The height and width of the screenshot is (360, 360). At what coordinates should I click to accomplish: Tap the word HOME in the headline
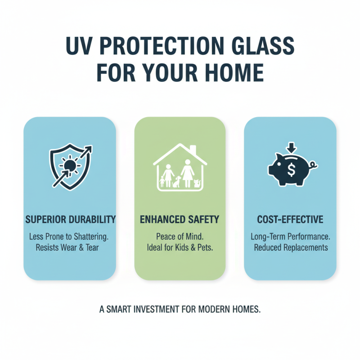point(234,72)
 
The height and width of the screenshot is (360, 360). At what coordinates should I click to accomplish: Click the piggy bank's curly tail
point(314,166)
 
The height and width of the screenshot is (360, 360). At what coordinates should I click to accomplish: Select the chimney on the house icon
point(192,150)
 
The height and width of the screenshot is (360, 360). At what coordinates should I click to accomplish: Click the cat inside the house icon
point(196,183)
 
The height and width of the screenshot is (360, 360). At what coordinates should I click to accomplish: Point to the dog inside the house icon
point(177,181)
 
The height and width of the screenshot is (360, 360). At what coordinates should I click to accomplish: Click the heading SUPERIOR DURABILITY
point(70,220)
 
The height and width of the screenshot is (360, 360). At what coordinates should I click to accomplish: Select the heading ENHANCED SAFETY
point(180,220)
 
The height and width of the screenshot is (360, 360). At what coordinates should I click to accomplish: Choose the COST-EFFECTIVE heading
point(290,220)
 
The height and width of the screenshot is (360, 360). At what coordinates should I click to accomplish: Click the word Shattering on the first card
point(92,236)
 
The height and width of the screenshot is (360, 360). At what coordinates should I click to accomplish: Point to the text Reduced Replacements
point(290,248)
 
